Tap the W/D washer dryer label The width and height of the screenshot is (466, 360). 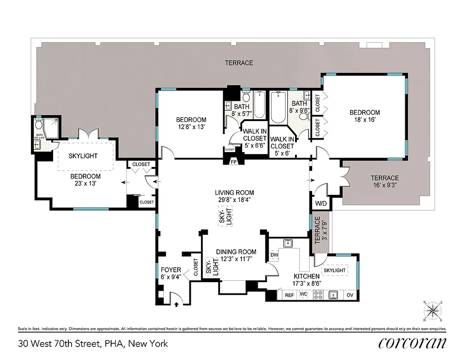(x=321, y=203)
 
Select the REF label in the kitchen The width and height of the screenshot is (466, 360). (x=290, y=295)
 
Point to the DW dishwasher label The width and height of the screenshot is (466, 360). (x=274, y=255)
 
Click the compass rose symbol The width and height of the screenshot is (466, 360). (x=433, y=310)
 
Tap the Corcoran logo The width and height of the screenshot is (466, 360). (x=412, y=343)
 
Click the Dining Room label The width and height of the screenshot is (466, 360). (x=236, y=252)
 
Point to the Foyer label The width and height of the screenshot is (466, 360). (x=171, y=270)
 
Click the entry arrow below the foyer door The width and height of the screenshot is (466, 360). (x=176, y=305)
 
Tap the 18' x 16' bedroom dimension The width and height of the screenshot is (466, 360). (x=364, y=120)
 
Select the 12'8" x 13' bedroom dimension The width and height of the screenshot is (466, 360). (x=191, y=127)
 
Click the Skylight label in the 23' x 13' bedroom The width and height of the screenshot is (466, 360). (x=83, y=156)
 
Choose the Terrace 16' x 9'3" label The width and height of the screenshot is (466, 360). (x=385, y=181)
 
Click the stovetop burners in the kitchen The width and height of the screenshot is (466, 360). (x=318, y=295)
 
